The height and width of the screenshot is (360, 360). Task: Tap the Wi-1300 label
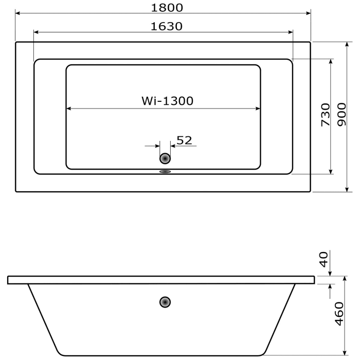coord(167,101)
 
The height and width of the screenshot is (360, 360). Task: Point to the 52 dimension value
coord(184,140)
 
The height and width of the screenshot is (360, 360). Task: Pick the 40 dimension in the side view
coord(324,259)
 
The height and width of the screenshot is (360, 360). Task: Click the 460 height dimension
coord(338,314)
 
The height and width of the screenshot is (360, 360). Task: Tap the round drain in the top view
coord(165,159)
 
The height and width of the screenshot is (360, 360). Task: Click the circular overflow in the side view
coord(165,302)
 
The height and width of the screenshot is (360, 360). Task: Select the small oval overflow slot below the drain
coord(165,172)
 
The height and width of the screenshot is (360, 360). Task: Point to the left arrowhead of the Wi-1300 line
coord(69,109)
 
